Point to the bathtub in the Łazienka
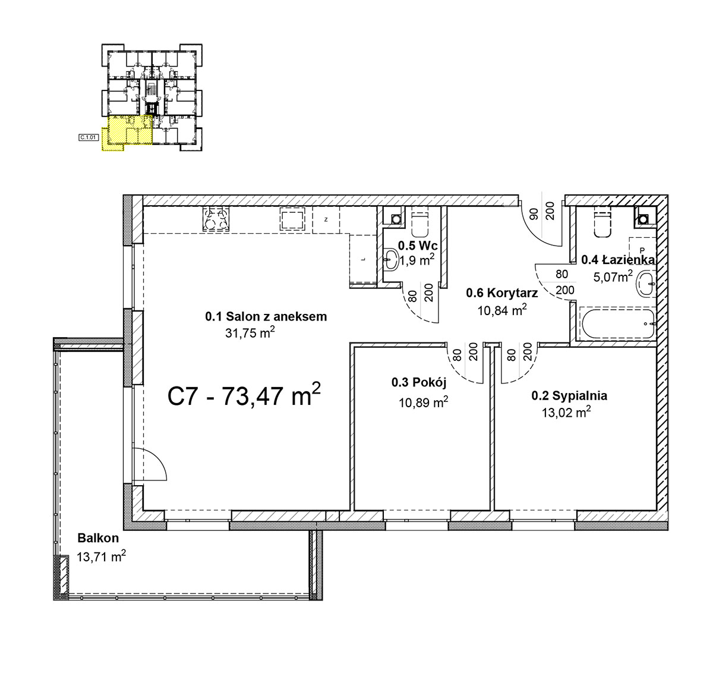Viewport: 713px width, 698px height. click(x=617, y=323)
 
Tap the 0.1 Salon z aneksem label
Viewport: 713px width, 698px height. click(x=266, y=316)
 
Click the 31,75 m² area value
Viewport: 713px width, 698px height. click(x=250, y=332)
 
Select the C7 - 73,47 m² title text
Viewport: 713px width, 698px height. click(x=244, y=395)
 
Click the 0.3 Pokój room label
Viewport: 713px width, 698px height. click(x=419, y=382)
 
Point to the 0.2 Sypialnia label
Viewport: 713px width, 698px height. click(x=569, y=395)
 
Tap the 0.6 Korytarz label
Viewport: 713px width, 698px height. click(x=501, y=293)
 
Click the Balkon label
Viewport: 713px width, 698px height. click(x=98, y=538)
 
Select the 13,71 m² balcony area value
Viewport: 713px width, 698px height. click(x=101, y=556)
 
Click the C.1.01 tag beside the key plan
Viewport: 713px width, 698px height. click(x=89, y=137)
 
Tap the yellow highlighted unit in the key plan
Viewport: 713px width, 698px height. click(x=127, y=132)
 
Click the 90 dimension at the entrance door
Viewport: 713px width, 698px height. click(x=534, y=213)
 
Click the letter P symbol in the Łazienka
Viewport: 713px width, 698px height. click(x=642, y=250)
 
